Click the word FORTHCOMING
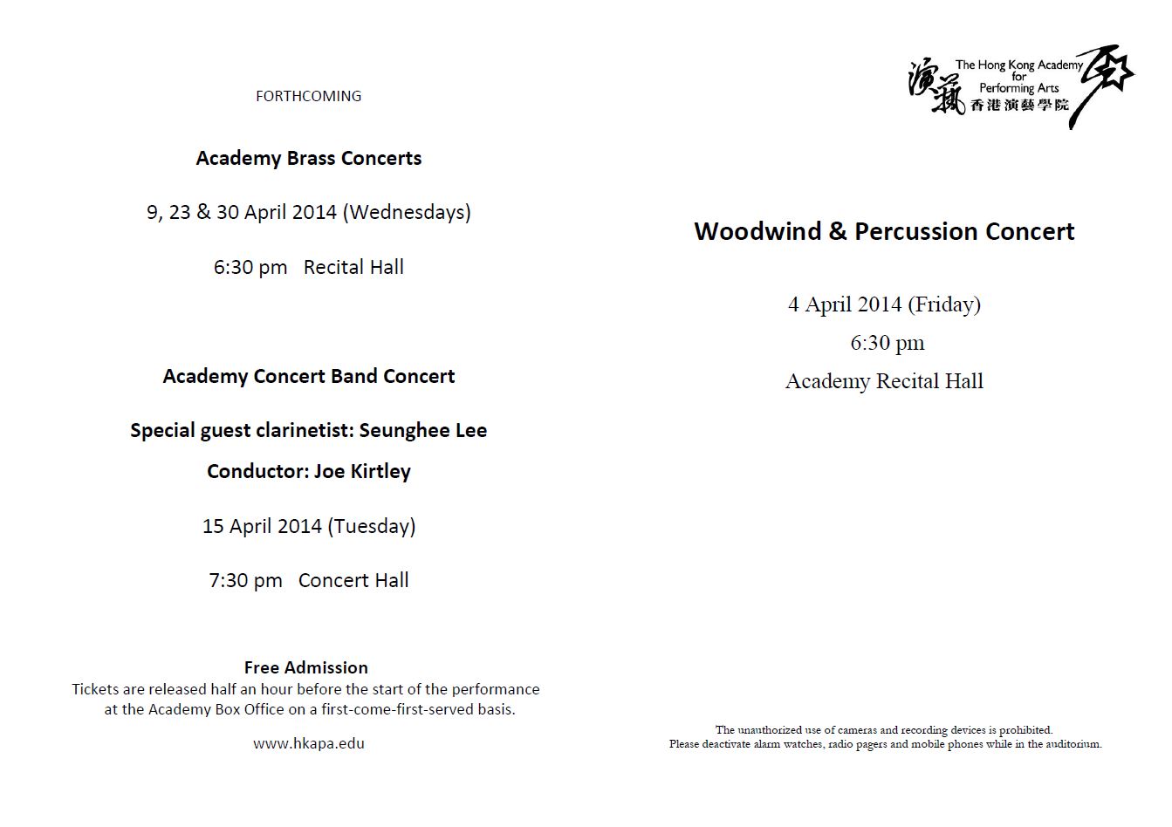click(308, 96)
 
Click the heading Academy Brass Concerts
click(309, 158)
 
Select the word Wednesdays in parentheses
click(407, 212)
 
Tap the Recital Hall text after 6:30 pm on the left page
click(353, 267)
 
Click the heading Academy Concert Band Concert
click(309, 376)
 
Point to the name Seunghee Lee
click(422, 430)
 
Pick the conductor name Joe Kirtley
click(362, 471)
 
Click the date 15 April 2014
click(262, 526)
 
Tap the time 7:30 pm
click(245, 580)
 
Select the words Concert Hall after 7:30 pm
click(353, 580)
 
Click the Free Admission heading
click(306, 667)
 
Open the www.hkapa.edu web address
click(309, 743)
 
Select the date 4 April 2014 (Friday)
click(884, 304)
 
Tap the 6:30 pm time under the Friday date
click(888, 343)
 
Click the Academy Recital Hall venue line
click(884, 381)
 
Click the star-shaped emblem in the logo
click(1106, 74)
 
